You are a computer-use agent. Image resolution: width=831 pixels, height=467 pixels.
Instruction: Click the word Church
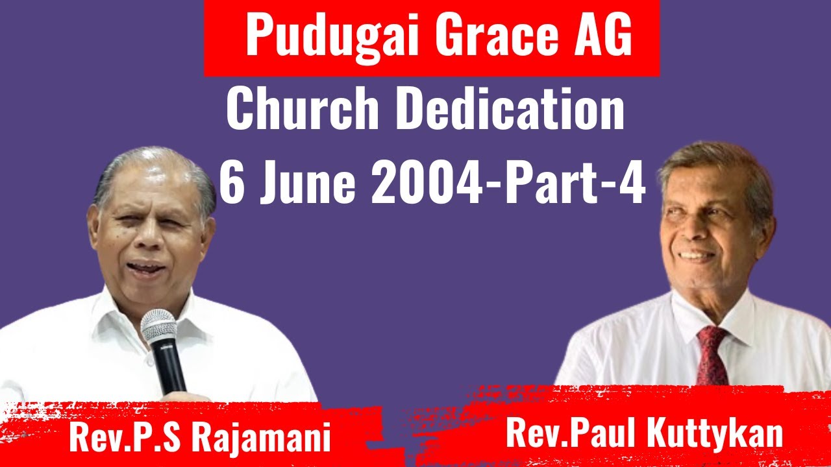point(301,108)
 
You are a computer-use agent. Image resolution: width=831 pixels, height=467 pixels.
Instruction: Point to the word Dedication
point(510,108)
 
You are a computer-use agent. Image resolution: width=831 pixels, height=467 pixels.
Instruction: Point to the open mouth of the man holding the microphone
point(146,267)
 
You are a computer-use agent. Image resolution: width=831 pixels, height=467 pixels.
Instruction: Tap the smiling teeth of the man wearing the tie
point(697,255)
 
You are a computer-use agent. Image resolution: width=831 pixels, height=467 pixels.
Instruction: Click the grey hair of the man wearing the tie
point(714,159)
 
